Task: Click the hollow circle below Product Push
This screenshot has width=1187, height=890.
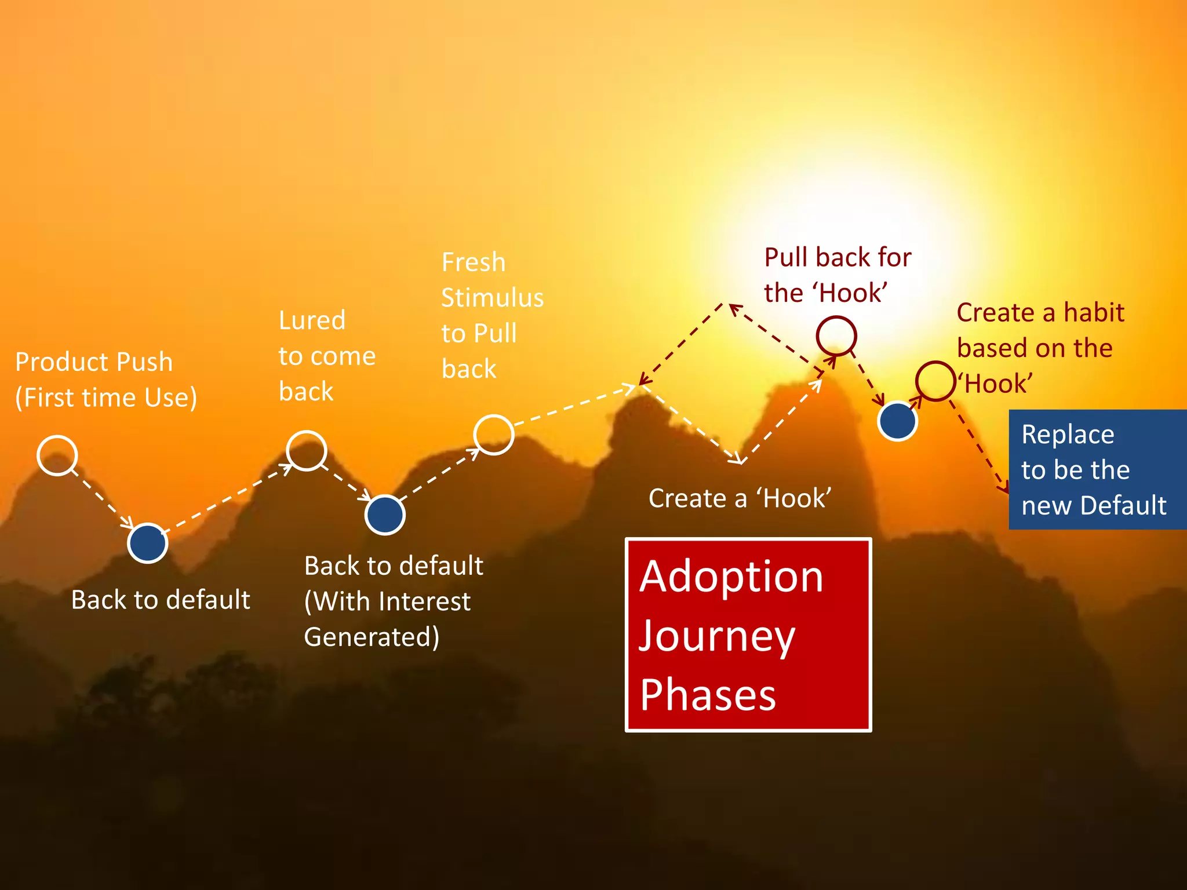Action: (57, 455)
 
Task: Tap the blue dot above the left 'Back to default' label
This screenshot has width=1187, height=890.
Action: (147, 543)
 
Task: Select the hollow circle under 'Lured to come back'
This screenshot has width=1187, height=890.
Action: (307, 450)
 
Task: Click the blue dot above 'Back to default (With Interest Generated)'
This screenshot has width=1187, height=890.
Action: (385, 515)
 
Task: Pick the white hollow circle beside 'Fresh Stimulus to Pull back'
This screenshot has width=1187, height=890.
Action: (493, 435)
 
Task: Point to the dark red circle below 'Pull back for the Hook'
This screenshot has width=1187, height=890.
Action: (836, 335)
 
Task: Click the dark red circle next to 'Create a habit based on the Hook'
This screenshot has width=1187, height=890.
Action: (935, 381)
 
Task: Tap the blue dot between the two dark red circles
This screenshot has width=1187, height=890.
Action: (897, 421)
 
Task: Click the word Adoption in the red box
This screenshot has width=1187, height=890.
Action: (731, 577)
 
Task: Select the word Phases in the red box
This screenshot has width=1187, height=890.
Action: (708, 695)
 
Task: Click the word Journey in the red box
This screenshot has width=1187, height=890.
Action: (717, 636)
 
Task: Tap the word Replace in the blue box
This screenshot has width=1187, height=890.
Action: (1068, 435)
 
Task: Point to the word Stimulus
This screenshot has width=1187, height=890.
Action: (492, 298)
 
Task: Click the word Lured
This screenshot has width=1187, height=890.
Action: (312, 320)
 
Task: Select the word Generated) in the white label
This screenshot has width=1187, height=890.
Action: (372, 637)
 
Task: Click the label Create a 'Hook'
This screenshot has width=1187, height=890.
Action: (740, 498)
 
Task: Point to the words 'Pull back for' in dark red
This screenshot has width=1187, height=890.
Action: (838, 257)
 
